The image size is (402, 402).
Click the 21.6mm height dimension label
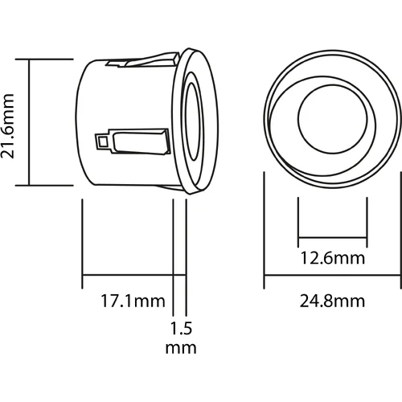[x=7, y=126]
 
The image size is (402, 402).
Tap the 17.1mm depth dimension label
[x=133, y=301]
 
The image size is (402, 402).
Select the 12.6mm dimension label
[x=333, y=258]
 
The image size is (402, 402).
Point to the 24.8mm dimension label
[x=332, y=301]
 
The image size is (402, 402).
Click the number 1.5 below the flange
[x=181, y=328]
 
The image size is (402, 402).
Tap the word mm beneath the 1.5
[x=181, y=348]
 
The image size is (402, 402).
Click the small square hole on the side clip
[x=102, y=142]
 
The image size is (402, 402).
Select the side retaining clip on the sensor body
[x=133, y=142]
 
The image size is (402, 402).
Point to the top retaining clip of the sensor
[x=142, y=60]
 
